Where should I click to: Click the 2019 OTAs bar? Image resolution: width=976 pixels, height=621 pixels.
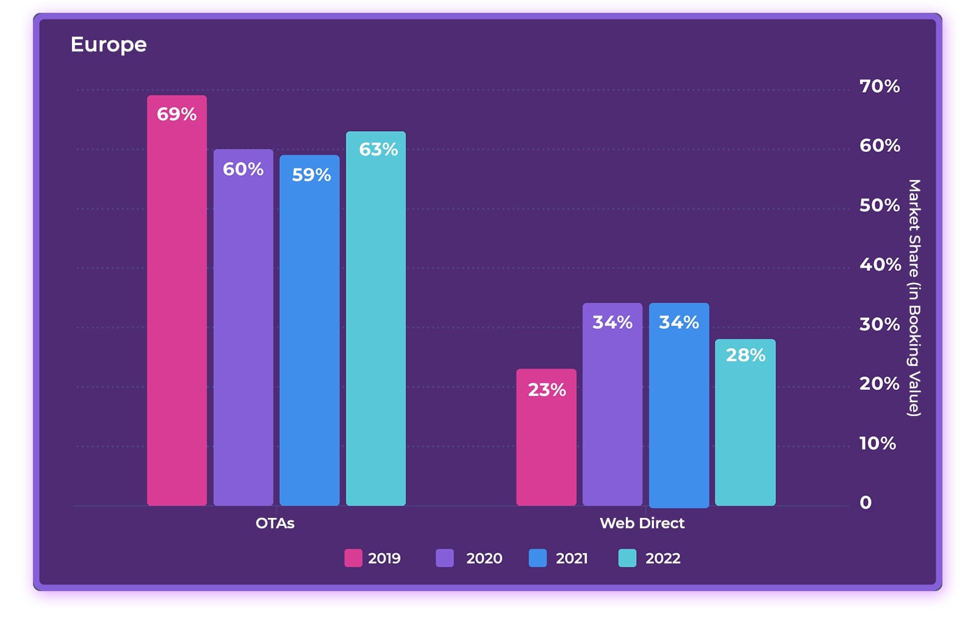coord(177,305)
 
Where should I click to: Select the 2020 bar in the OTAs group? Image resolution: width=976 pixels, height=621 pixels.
coord(243,329)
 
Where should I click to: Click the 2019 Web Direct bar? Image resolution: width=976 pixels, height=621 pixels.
coord(546,439)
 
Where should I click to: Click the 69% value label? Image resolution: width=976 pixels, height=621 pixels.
coord(177,114)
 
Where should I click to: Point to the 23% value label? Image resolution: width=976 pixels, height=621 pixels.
coord(547,390)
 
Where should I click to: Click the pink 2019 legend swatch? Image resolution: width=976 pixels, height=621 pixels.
coord(353,558)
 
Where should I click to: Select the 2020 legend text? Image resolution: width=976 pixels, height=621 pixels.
coord(484,558)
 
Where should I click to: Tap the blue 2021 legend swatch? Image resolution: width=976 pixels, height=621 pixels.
coord(537,558)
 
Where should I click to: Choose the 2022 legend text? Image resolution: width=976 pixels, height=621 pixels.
coord(662,558)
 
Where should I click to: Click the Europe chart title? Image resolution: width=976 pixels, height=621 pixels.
coord(109,45)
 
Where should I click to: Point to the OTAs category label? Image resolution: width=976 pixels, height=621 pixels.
coord(274,523)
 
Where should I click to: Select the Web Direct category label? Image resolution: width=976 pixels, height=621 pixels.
coord(642,523)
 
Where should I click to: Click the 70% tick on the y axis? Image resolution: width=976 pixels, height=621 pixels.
coord(879,87)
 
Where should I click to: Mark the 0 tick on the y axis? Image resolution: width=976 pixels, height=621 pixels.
coord(866,503)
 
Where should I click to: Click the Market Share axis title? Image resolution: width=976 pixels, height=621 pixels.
coord(914,298)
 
